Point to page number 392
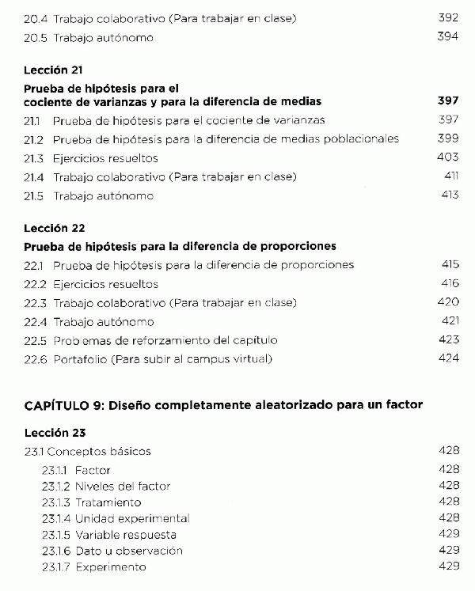coord(448,17)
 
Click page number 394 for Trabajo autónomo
coord(448,37)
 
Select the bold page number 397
coord(448,102)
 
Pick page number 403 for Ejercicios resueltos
coord(448,158)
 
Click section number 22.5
coord(35,341)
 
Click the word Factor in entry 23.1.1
coord(93,470)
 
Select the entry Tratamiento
coord(108,502)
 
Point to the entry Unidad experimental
coord(132,519)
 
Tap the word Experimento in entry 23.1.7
coord(111,567)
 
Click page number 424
coord(448,359)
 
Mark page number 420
coord(448,302)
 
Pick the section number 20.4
coord(35,17)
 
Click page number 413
coord(450,195)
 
